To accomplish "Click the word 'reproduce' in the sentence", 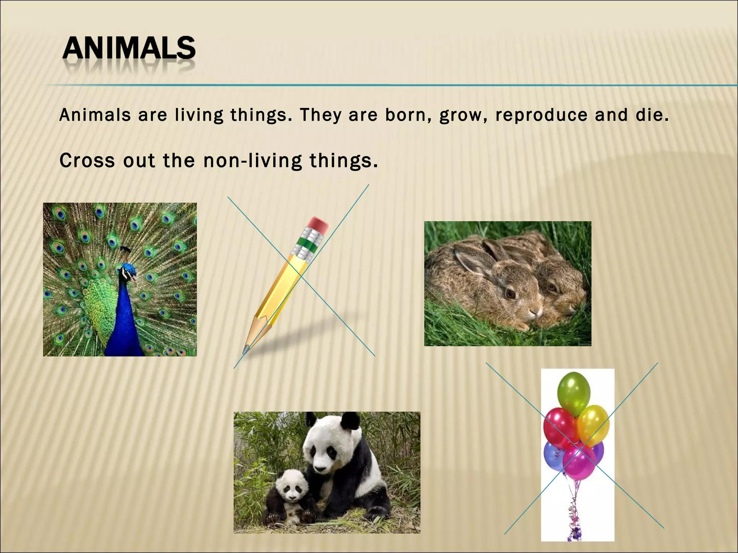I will pyautogui.click(x=541, y=115).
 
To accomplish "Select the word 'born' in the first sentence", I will pyautogui.click(x=404, y=115).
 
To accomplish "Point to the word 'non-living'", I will pyautogui.click(x=253, y=161).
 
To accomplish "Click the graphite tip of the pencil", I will pyautogui.click(x=246, y=349).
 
